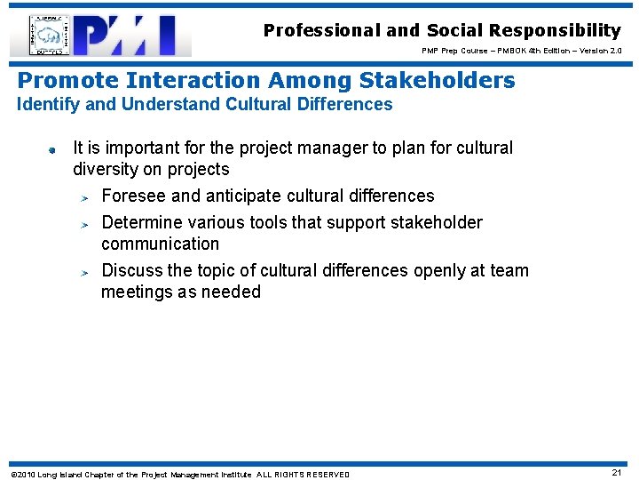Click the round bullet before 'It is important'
(53, 149)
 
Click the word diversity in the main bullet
(105, 170)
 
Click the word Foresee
(134, 196)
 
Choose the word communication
(160, 244)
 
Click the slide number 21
(616, 473)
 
